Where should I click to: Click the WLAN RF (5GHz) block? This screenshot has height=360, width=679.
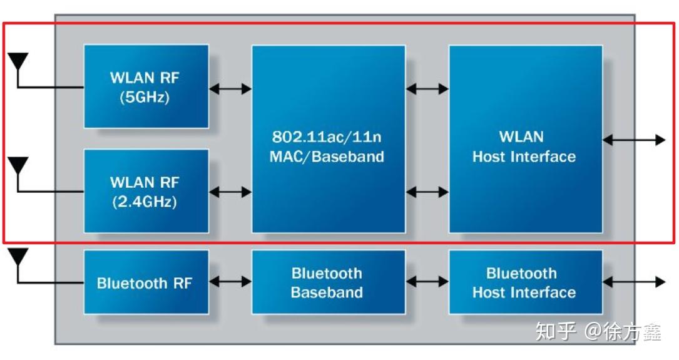point(146,86)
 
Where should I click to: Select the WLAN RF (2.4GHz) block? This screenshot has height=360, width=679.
point(146,191)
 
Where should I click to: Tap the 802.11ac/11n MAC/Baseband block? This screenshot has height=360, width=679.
point(328,139)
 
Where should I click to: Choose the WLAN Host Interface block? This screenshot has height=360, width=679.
point(525,139)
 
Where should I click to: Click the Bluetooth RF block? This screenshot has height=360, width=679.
point(146,282)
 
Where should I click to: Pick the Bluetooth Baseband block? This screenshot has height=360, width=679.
point(328,282)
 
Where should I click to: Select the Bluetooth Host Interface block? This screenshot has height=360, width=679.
point(525,282)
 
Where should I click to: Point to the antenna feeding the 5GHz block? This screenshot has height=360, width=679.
point(18,63)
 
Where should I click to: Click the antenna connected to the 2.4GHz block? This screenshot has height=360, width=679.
point(18,167)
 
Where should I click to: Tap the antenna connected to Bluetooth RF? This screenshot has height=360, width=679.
point(18,257)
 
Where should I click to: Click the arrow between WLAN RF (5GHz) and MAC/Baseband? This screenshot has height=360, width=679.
point(230,89)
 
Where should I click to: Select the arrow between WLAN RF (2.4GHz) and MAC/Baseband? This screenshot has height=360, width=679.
point(230,192)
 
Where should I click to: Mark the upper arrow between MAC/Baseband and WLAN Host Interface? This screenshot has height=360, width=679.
point(427,89)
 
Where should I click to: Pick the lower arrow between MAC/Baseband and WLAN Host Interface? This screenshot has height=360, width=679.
point(427,192)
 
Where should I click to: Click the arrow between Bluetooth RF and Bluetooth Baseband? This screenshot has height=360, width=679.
point(230,282)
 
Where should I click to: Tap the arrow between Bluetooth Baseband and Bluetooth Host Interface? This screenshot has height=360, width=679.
point(427,282)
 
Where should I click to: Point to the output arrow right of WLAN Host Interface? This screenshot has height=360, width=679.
point(633,140)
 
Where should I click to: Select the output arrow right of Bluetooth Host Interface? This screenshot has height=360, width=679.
point(633,282)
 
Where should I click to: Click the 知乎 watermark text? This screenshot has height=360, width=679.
point(555,331)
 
